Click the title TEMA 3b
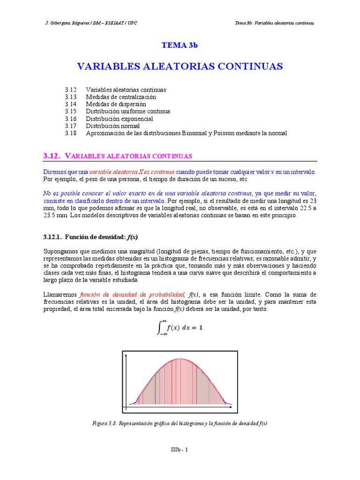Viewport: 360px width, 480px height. (x=180, y=45)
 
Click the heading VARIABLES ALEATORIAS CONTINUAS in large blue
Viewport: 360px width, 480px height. (x=180, y=66)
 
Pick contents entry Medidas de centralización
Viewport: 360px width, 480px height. (x=120, y=97)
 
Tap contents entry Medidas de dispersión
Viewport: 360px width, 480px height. (x=116, y=104)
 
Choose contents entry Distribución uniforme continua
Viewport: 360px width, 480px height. (x=127, y=111)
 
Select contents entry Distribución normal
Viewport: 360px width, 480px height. (x=112, y=126)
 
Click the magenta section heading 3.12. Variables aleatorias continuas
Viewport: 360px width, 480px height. (x=117, y=156)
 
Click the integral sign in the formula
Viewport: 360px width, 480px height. (x=160, y=328)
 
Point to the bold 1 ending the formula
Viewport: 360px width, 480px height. (x=201, y=328)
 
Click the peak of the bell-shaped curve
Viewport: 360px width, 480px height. (x=180, y=359)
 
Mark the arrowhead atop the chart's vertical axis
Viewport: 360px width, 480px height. (x=127, y=355)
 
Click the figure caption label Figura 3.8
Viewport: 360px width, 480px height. (x=105, y=423)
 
